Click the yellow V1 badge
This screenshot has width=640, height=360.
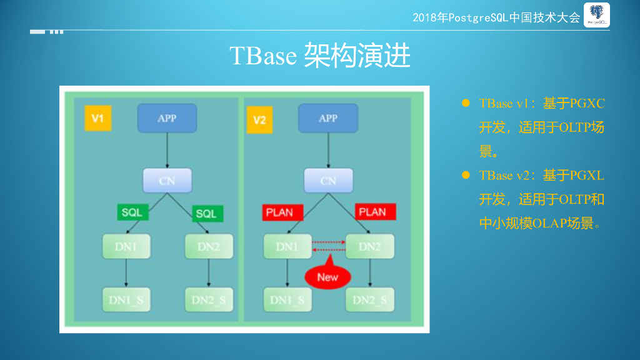[x=97, y=118]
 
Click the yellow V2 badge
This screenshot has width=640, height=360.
[x=259, y=119]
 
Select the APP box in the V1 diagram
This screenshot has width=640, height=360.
[x=167, y=118]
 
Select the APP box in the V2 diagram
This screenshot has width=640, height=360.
[x=328, y=118]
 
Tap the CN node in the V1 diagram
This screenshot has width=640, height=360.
[x=167, y=181]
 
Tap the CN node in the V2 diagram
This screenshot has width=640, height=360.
[x=328, y=181]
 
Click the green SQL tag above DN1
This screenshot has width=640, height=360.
[x=132, y=212]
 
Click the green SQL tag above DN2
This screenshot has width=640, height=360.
[x=206, y=214]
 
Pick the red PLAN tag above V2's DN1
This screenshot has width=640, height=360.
[x=282, y=212]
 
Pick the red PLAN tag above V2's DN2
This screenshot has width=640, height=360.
[x=372, y=212]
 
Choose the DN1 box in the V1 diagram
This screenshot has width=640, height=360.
[x=126, y=247]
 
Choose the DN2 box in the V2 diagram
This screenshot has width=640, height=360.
[x=369, y=247]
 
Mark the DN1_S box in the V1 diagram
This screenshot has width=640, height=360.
[x=126, y=300]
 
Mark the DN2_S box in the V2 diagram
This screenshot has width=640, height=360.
[x=369, y=300]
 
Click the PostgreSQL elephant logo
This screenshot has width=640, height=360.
[x=597, y=15]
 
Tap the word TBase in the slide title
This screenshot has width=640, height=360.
[x=262, y=56]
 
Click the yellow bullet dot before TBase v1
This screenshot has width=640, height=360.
[x=465, y=103]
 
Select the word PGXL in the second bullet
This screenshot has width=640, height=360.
[x=587, y=176]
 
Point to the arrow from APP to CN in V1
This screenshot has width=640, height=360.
[x=167, y=150]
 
